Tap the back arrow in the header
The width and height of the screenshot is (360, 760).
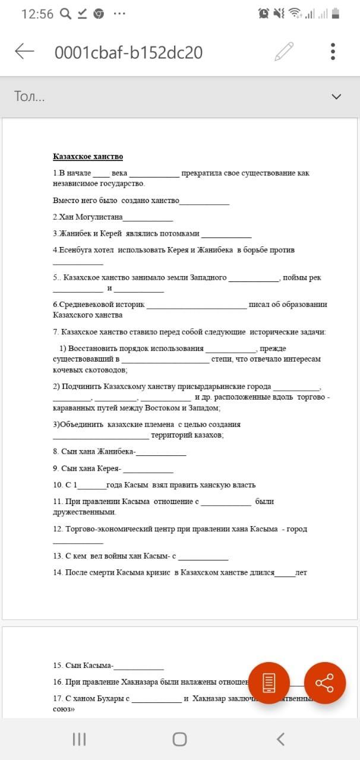(24, 52)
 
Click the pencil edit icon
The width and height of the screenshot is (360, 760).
(284, 52)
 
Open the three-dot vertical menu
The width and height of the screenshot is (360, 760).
(333, 52)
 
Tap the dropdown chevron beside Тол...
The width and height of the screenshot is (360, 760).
(336, 96)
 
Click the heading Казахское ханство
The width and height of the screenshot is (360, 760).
(88, 157)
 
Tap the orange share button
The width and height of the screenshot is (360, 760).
(324, 683)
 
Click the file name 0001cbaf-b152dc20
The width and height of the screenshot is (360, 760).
(128, 53)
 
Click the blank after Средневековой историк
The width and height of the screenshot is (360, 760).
(196, 306)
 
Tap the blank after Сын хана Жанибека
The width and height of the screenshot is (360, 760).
(161, 452)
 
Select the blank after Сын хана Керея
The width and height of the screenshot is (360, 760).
(148, 469)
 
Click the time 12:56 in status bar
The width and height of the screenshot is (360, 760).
(37, 14)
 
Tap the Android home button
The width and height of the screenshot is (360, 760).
(179, 739)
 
